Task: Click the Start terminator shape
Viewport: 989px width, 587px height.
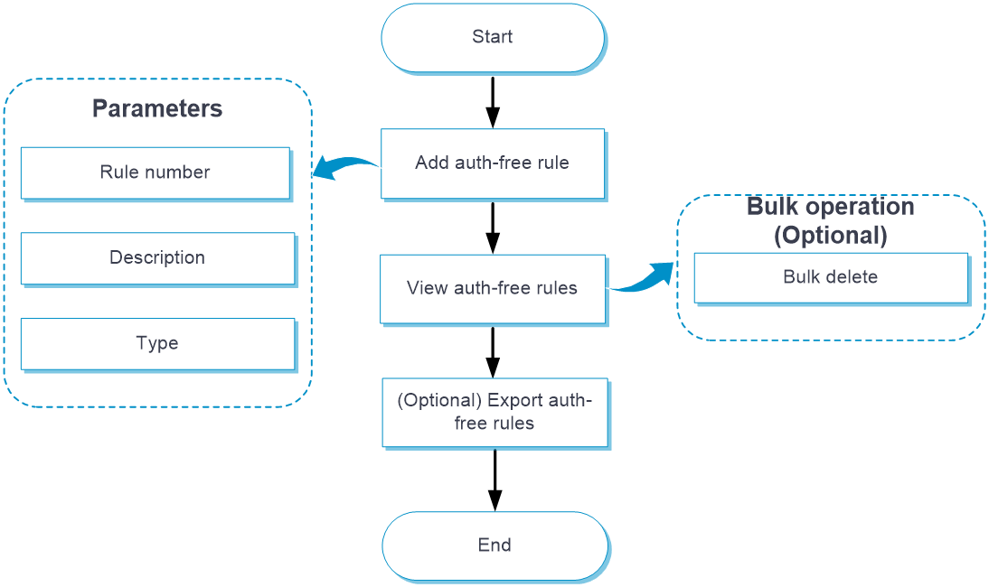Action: pos(493,38)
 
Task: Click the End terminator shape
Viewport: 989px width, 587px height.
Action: pos(494,545)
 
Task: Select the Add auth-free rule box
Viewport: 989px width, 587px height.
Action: pos(493,163)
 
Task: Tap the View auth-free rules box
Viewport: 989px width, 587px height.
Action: pos(493,289)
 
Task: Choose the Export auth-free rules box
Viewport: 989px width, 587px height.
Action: pos(494,413)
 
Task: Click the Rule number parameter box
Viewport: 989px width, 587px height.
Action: pos(155,172)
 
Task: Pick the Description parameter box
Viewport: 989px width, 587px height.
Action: pos(157,258)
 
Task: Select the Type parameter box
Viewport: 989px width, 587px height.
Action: pos(157,344)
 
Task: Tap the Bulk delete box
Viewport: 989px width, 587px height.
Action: pos(831,277)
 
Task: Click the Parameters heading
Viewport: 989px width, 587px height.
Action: pos(157,109)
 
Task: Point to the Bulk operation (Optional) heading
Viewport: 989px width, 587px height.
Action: pos(831,220)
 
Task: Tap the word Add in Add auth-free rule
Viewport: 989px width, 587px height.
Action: pos(431,163)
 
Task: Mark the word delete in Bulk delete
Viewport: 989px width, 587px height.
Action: pos(852,277)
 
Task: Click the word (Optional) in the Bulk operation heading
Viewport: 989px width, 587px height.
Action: pos(831,236)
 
